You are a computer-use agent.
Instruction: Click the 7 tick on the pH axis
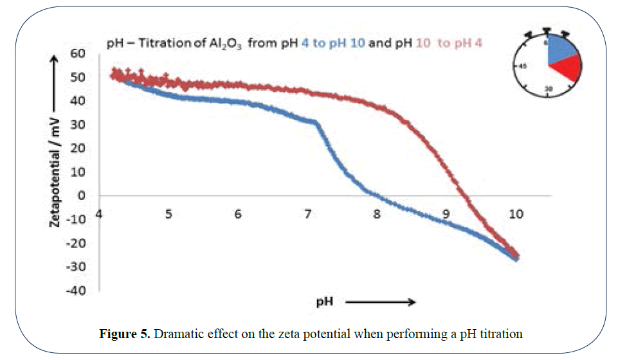click(x=307, y=213)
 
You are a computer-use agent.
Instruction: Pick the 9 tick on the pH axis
click(x=446, y=213)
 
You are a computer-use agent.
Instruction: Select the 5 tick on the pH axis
click(x=168, y=213)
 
